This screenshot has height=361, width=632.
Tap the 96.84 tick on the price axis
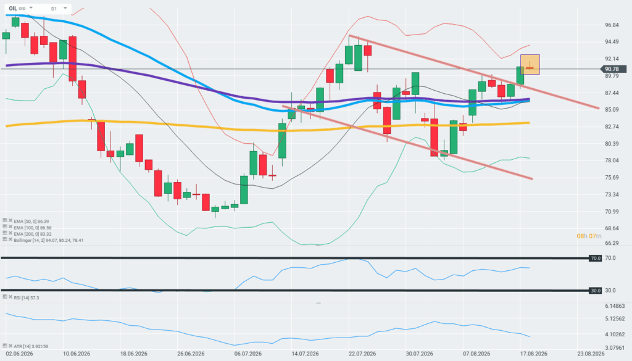pyautogui.click(x=612, y=25)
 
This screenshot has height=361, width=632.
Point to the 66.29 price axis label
pyautogui.click(x=612, y=243)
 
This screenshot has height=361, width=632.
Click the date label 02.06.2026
pyautogui.click(x=19, y=354)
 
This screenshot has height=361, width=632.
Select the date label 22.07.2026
pyautogui.click(x=362, y=354)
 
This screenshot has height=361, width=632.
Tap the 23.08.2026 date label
pyautogui.click(x=591, y=354)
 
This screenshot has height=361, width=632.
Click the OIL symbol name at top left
pyautogui.click(x=13, y=9)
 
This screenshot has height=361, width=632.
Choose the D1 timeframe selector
pyautogui.click(x=54, y=9)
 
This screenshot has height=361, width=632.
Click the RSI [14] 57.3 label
pyautogui.click(x=26, y=297)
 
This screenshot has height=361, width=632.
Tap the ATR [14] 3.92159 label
pyautogui.click(x=31, y=346)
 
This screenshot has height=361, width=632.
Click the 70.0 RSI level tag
pyautogui.click(x=596, y=259)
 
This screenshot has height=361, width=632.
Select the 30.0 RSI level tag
pyautogui.click(x=596, y=291)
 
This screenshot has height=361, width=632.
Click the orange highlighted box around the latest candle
pyautogui.click(x=530, y=64)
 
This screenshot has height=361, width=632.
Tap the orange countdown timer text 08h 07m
pyautogui.click(x=589, y=236)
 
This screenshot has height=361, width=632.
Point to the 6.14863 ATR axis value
pyautogui.click(x=615, y=306)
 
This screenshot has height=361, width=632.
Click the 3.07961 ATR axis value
pyautogui.click(x=615, y=347)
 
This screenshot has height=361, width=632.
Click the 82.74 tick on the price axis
pyautogui.click(x=612, y=127)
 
